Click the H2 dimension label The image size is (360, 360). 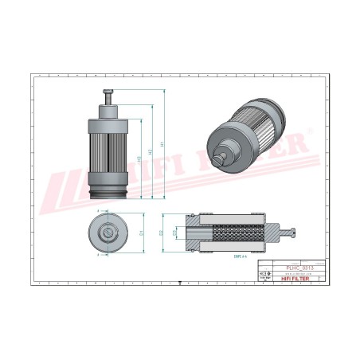click(151, 149)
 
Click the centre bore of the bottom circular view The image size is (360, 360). click(107, 233)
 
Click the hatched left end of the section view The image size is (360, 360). click(193, 233)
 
